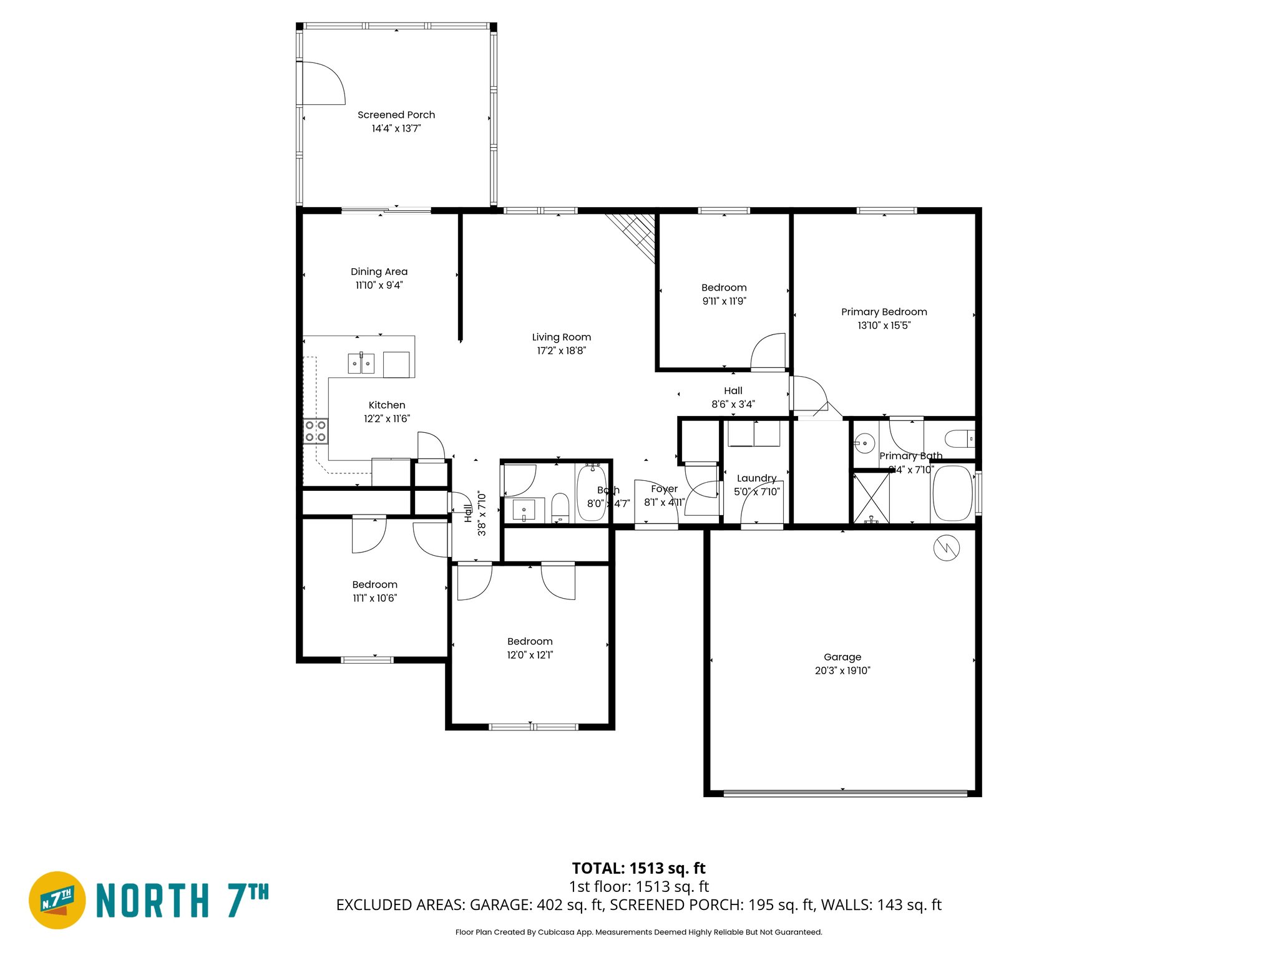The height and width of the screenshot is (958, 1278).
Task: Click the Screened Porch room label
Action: [x=396, y=115]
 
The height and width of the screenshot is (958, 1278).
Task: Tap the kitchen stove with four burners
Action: [x=315, y=431]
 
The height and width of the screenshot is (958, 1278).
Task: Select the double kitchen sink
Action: [x=361, y=363]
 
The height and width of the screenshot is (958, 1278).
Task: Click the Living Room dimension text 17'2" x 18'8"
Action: [x=561, y=351]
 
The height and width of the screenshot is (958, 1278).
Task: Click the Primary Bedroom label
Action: [x=884, y=312]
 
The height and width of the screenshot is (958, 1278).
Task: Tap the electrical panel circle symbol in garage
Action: [x=946, y=548]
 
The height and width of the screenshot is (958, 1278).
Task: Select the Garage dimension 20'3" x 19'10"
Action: [x=842, y=670]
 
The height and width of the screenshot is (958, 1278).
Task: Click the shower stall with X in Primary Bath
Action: [x=871, y=498]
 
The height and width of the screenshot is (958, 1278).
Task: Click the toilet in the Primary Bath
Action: [x=959, y=439]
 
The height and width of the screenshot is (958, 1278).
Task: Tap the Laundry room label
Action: [x=756, y=478]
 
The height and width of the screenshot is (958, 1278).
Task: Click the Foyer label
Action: [x=664, y=489]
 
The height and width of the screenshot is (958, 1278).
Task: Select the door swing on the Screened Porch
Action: [x=321, y=83]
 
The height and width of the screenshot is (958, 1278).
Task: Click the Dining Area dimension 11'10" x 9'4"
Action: [x=379, y=285]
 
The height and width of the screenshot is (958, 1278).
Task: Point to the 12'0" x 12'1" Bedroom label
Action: [x=529, y=641]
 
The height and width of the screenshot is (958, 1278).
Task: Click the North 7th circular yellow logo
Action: [x=57, y=900]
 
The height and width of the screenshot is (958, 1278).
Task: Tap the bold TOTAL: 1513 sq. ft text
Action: [x=638, y=868]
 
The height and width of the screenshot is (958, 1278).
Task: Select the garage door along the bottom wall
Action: [x=845, y=793]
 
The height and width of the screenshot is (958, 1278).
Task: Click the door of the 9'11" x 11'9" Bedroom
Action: [x=768, y=352]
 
